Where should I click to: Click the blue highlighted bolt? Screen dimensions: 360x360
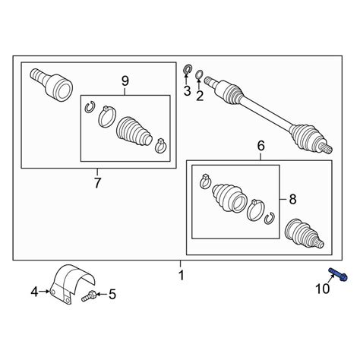tap(338, 274)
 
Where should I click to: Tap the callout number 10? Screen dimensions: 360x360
tap(323, 289)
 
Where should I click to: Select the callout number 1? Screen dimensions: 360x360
tap(181, 275)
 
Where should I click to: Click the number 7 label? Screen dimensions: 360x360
tap(97, 183)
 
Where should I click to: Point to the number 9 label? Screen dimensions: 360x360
tap(125, 81)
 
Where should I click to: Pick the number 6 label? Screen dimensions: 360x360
tap(261, 146)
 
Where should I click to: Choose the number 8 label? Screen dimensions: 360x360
tap(292, 200)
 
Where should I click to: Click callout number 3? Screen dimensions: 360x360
tap(187, 91)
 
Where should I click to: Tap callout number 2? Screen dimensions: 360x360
tap(200, 96)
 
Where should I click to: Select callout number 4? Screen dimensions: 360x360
tap(34, 292)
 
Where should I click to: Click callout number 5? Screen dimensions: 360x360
tap(112, 295)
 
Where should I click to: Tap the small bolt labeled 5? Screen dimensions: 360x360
tap(88, 296)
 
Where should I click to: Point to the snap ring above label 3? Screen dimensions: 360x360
tap(188, 69)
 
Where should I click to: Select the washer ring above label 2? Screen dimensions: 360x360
tap(199, 74)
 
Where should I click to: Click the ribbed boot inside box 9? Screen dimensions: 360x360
tap(134, 132)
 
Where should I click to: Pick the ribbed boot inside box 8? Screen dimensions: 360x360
tap(229, 197)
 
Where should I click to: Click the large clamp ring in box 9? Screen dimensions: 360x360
tap(107, 117)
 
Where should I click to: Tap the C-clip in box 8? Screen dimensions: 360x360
tap(270, 218)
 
